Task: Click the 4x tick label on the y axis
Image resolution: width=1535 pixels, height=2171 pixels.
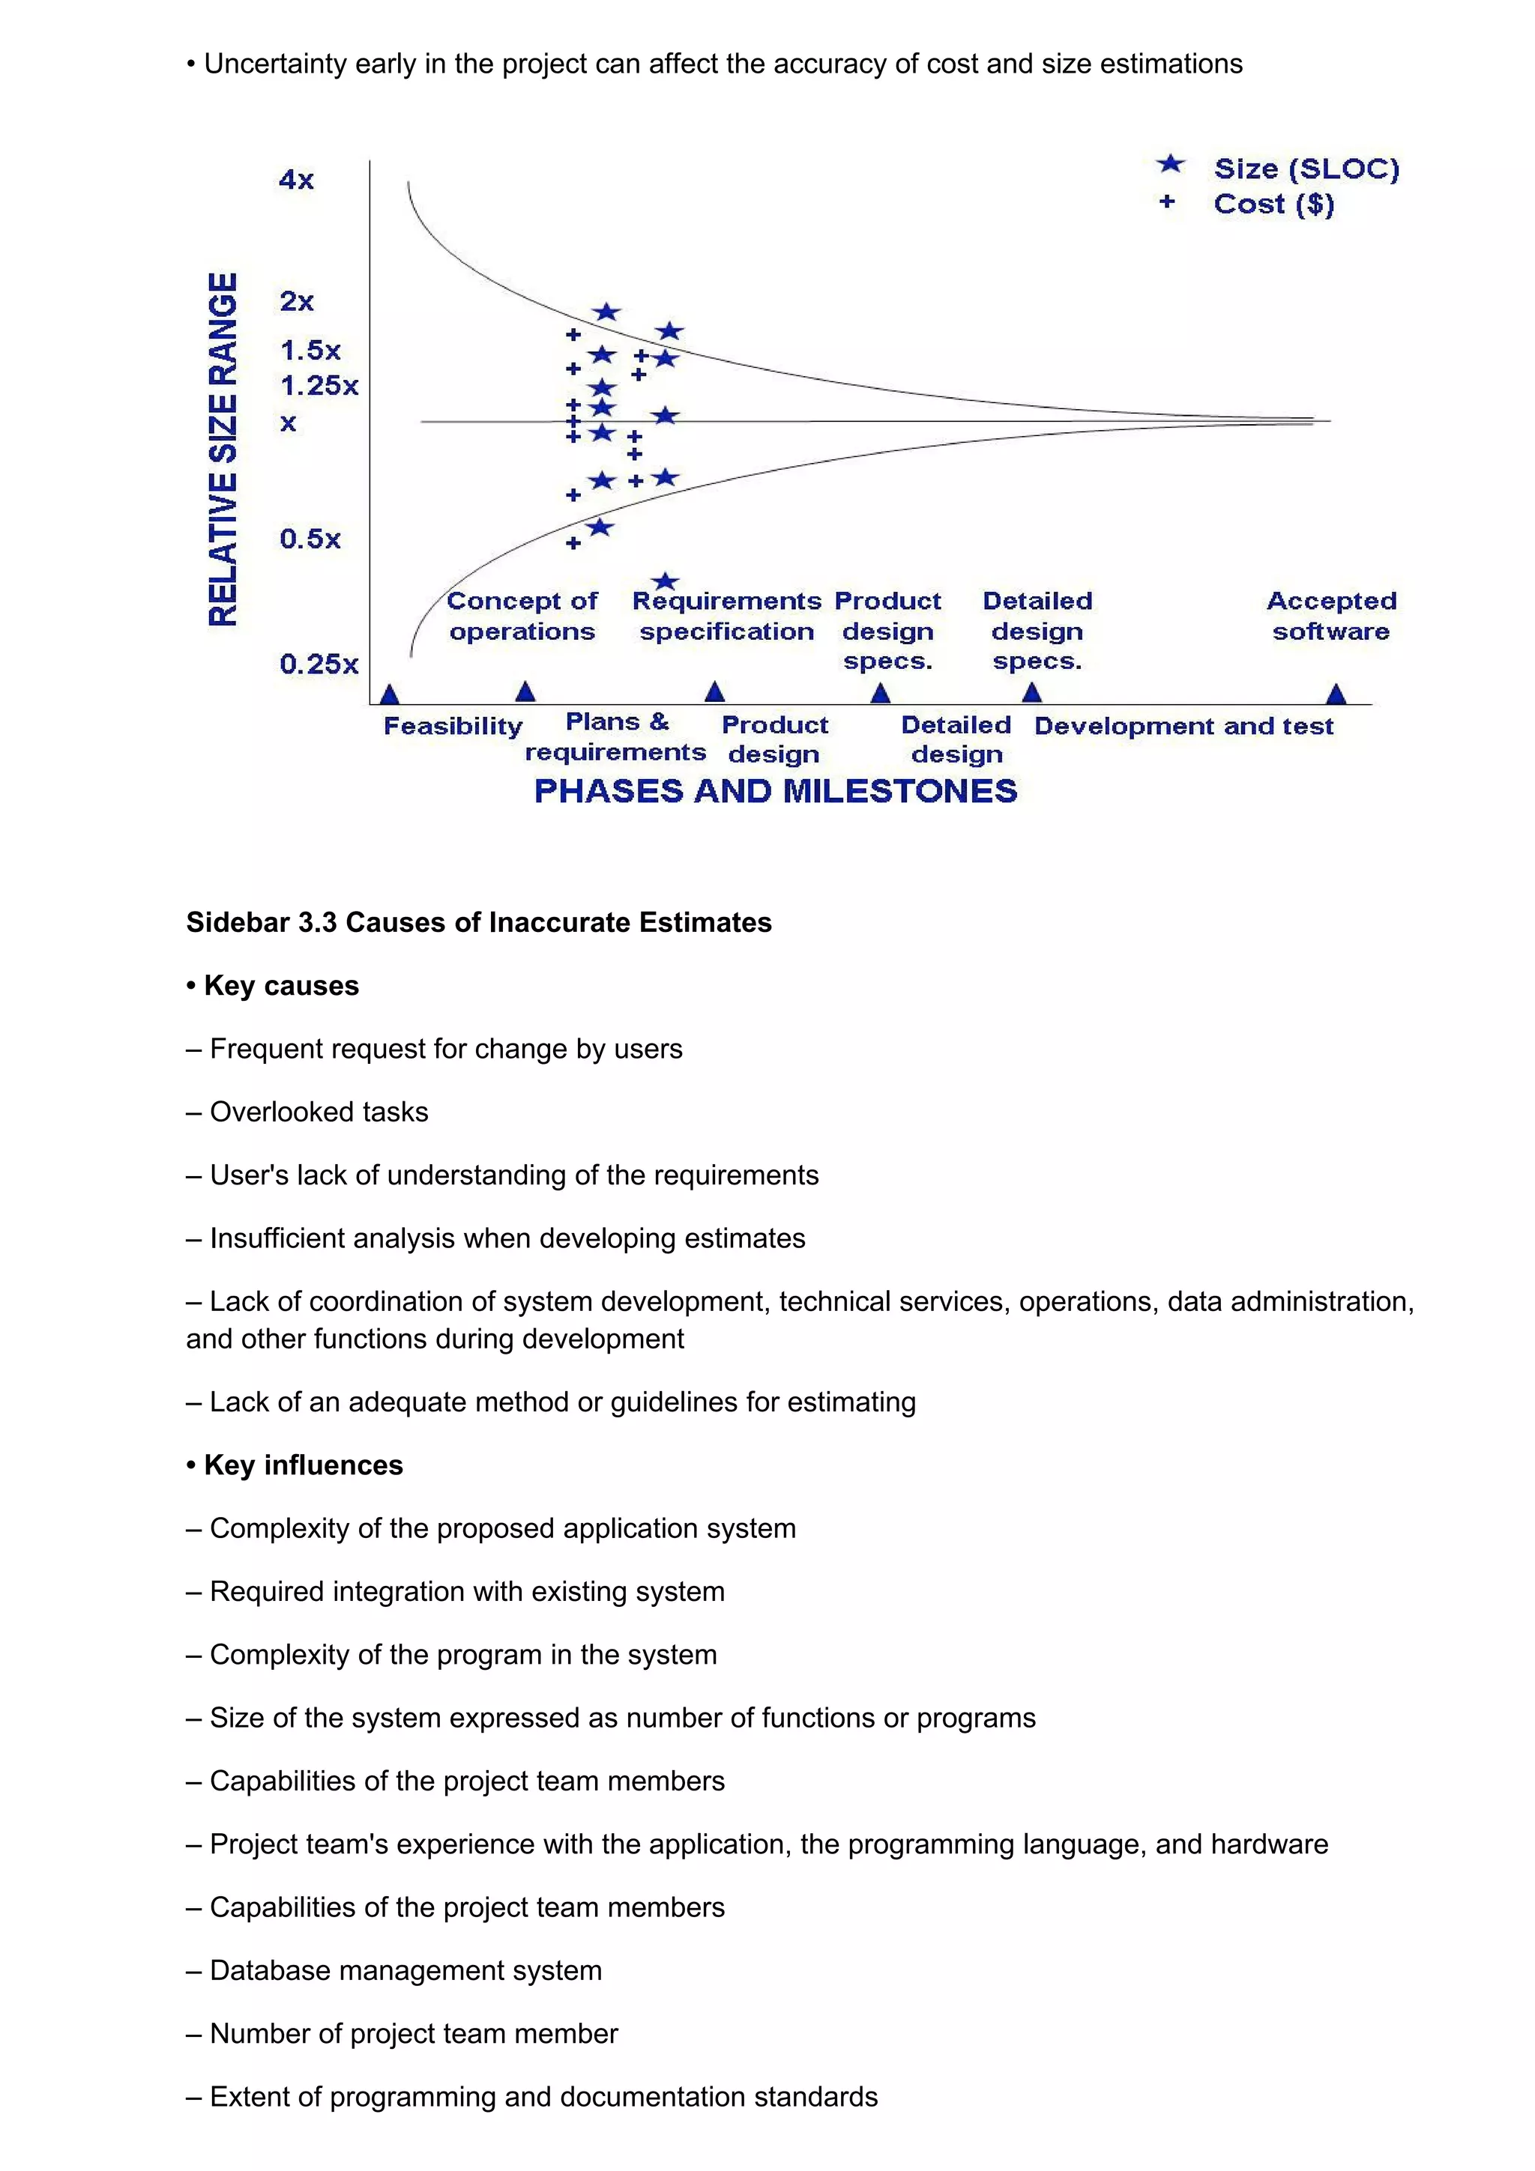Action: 296,180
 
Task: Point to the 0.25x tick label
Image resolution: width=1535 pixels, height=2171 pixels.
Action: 319,664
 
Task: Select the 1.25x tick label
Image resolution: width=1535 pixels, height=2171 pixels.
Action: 319,386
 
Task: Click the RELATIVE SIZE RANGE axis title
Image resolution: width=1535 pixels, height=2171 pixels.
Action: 223,449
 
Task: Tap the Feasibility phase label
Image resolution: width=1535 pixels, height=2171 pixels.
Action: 452,726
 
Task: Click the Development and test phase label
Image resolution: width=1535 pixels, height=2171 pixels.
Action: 1183,726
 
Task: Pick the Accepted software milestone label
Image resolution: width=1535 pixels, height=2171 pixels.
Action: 1330,616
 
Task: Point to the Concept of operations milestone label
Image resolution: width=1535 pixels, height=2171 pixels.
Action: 522,616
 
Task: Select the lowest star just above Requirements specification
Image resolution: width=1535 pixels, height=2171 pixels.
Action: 666,581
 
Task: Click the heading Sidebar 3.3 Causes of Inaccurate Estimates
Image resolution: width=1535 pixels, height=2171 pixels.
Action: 479,922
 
